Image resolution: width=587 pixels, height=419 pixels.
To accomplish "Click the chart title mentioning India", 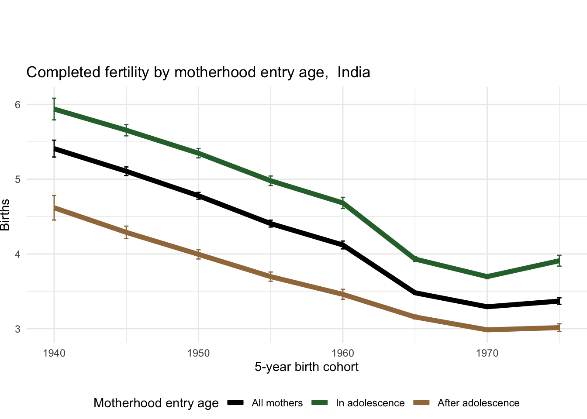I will pyautogui.click(x=198, y=72).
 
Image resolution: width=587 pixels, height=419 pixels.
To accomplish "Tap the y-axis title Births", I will pyautogui.click(x=5, y=215).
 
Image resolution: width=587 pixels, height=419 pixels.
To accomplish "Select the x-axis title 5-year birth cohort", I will pyautogui.click(x=306, y=367).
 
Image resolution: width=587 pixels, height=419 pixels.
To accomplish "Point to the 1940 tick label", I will pyautogui.click(x=54, y=353).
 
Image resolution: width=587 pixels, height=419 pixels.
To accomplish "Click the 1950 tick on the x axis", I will pyautogui.click(x=198, y=353).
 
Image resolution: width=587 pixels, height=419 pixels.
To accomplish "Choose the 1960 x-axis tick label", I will pyautogui.click(x=343, y=353).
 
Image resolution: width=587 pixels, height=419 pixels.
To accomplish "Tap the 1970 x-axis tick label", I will pyautogui.click(x=487, y=353).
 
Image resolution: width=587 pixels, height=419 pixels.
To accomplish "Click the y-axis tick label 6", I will pyautogui.click(x=18, y=105).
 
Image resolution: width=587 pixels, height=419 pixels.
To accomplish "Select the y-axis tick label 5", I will pyautogui.click(x=18, y=179).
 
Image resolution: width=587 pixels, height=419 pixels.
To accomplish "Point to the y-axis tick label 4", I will pyautogui.click(x=18, y=254).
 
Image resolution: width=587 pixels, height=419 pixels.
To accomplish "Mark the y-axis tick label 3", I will pyautogui.click(x=18, y=329).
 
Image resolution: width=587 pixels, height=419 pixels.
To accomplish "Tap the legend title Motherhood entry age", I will pyautogui.click(x=156, y=403).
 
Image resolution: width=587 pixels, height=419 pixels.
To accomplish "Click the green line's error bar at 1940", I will pyautogui.click(x=54, y=109).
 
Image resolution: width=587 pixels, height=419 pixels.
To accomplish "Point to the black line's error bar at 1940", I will pyautogui.click(x=54, y=148).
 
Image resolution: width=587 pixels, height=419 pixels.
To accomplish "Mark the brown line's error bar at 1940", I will pyautogui.click(x=54, y=208).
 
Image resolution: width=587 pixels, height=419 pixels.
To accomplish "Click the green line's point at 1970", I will pyautogui.click(x=487, y=277).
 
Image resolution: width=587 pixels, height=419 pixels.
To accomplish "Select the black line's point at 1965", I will pyautogui.click(x=415, y=292).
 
